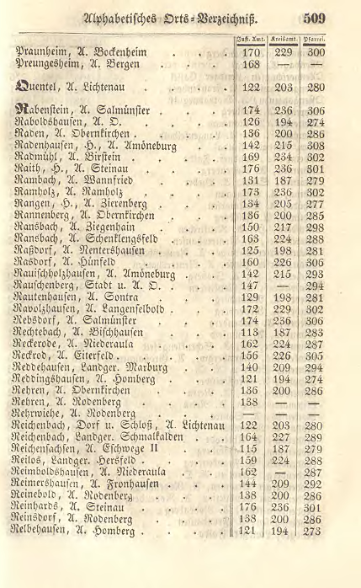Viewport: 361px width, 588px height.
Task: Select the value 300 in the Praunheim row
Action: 316,51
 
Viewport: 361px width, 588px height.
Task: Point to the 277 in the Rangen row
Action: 316,204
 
